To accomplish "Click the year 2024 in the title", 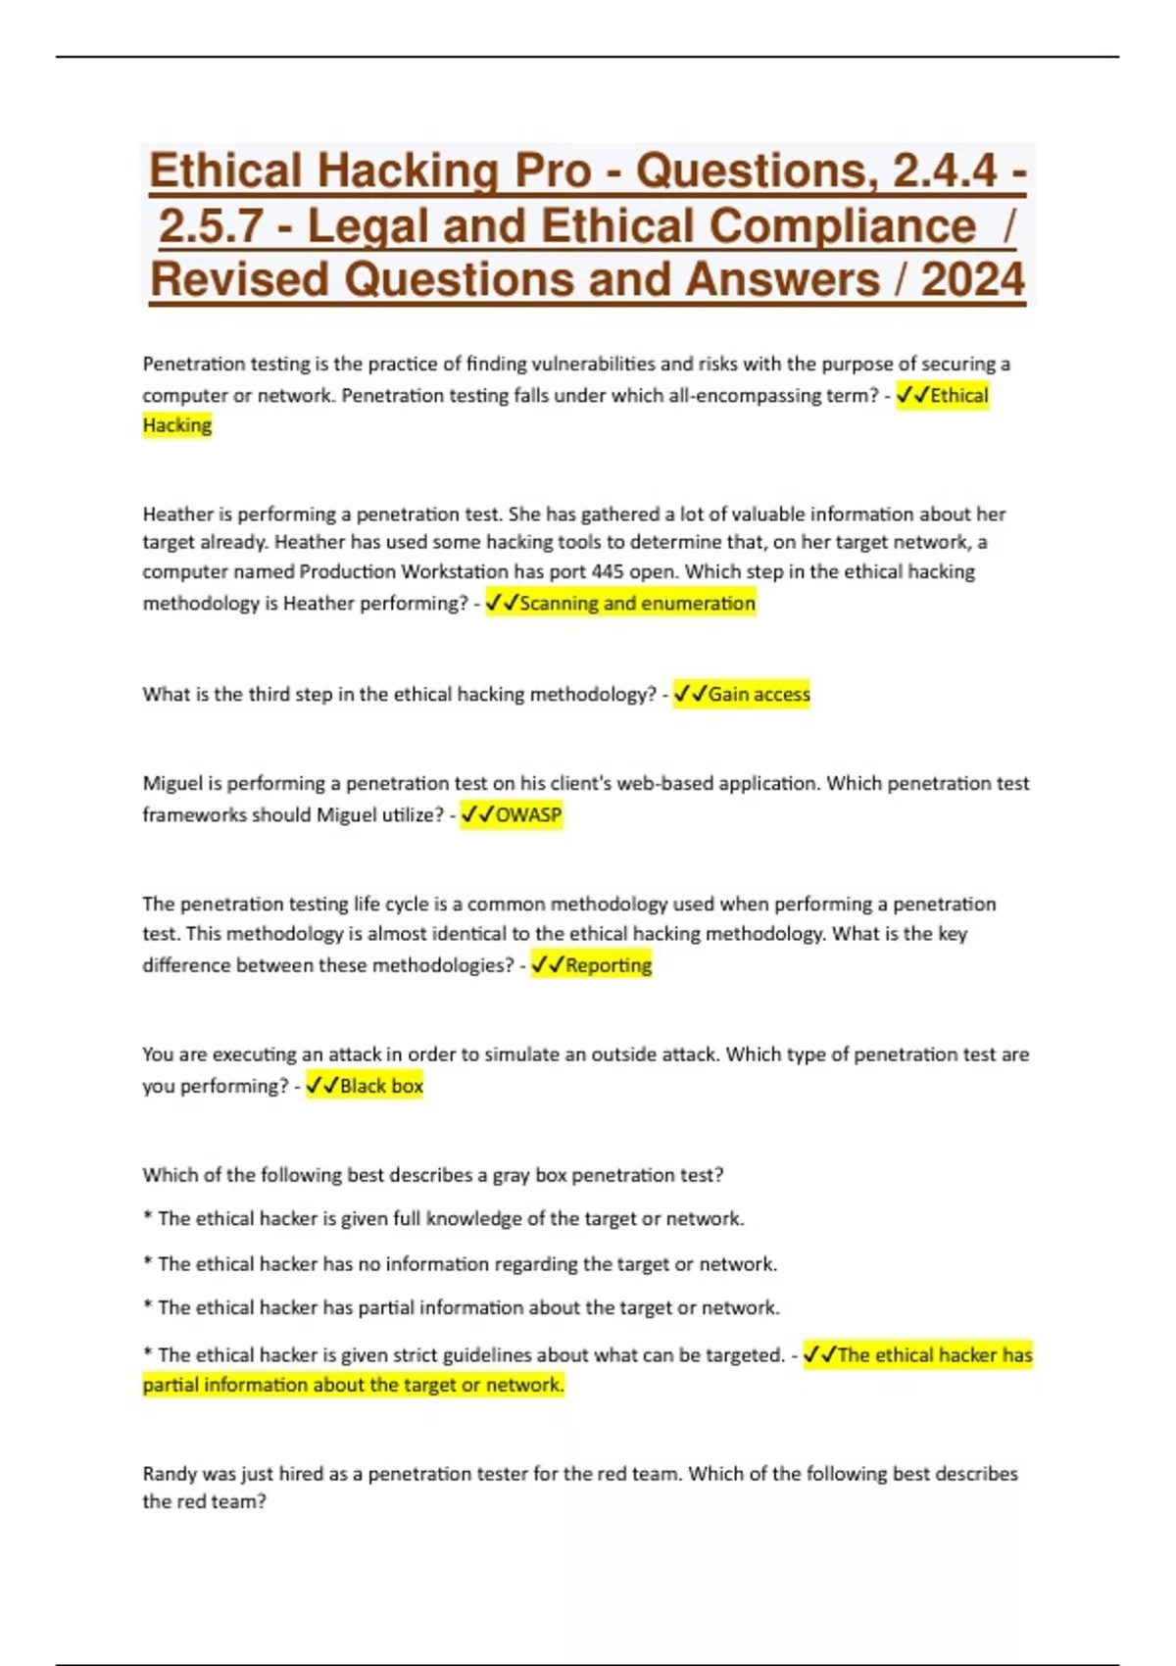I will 972,279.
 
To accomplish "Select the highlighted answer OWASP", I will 528,814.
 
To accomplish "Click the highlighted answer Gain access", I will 759,694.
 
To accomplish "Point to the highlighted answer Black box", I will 381,1086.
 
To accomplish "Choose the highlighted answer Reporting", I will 608,965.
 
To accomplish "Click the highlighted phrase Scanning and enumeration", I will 637,603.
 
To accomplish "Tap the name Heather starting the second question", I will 177,514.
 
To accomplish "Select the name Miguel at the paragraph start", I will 172,783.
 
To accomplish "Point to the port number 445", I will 608,571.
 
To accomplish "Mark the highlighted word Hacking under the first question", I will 177,425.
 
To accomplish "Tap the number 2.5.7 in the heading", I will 211,225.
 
